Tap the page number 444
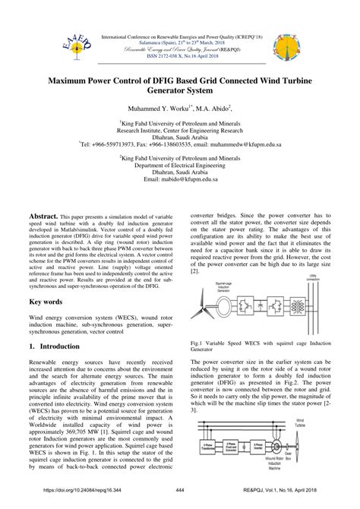(179, 501)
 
